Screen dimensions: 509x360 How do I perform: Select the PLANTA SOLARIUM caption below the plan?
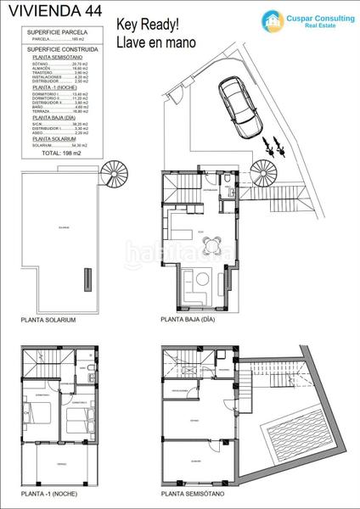[48, 321]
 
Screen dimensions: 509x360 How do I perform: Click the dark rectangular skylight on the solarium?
[87, 278]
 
